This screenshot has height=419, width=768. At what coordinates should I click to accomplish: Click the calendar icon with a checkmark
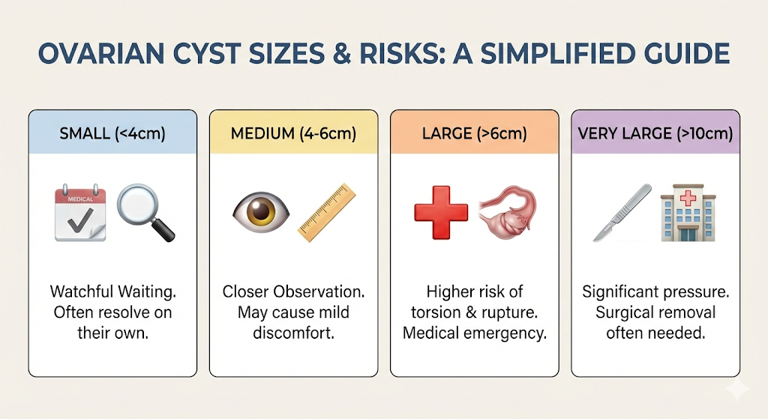click(x=80, y=214)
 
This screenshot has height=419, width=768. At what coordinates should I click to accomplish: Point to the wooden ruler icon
click(x=325, y=212)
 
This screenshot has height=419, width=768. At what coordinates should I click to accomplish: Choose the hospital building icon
click(x=686, y=214)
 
